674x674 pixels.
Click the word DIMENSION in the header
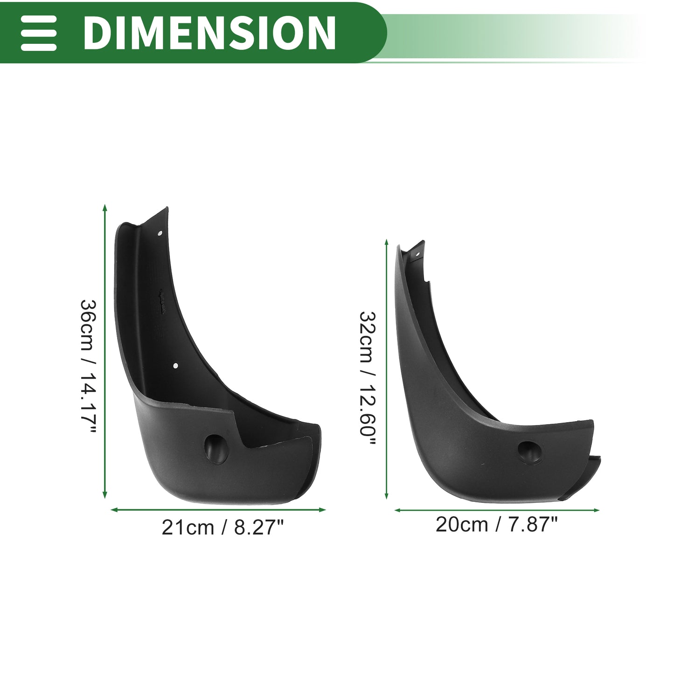click(209, 33)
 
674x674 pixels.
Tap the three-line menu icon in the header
click(38, 33)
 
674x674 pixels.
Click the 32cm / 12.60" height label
click(368, 378)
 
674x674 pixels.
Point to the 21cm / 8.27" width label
click(222, 528)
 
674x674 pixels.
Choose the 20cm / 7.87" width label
click(496, 525)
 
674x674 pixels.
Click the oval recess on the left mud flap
click(216, 450)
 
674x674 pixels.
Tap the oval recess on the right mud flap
click(529, 452)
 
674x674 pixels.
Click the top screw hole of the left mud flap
click(160, 233)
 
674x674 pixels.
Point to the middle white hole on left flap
click(175, 366)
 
